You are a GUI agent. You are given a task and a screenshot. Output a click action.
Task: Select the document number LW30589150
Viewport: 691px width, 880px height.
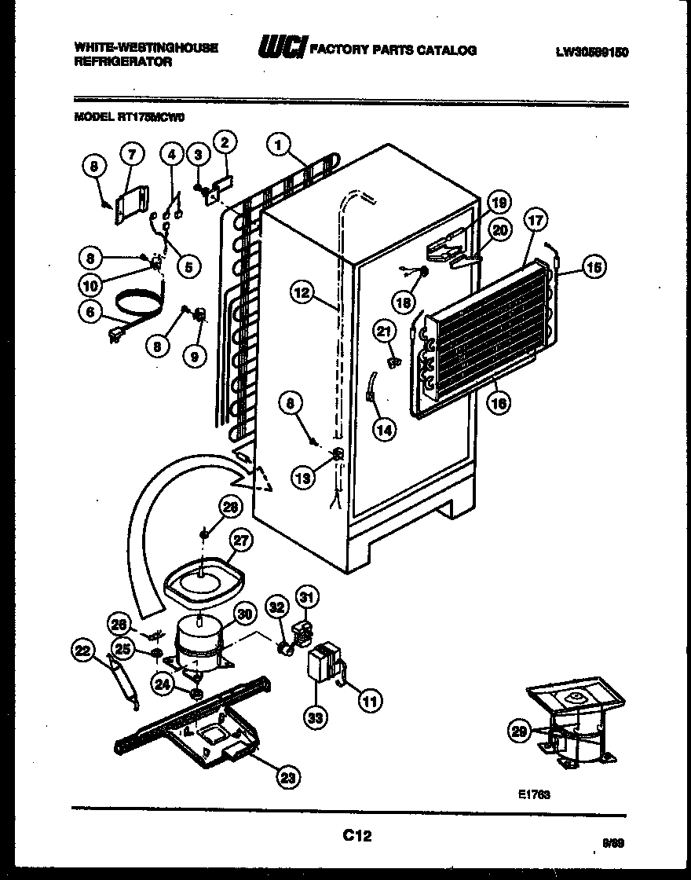[x=592, y=52]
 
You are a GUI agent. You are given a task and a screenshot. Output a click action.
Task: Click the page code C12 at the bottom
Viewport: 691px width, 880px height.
[x=356, y=837]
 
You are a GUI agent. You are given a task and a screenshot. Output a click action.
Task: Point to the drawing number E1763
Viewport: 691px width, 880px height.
[x=534, y=794]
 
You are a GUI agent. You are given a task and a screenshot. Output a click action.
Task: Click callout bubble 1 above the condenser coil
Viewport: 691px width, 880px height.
[x=278, y=145]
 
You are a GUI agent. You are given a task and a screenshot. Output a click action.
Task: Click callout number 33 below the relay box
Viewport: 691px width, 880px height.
[x=317, y=717]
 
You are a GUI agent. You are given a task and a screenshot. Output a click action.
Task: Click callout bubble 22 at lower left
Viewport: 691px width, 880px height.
[x=83, y=650]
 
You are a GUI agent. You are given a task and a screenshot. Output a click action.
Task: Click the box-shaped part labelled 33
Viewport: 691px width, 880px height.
[x=325, y=663]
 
